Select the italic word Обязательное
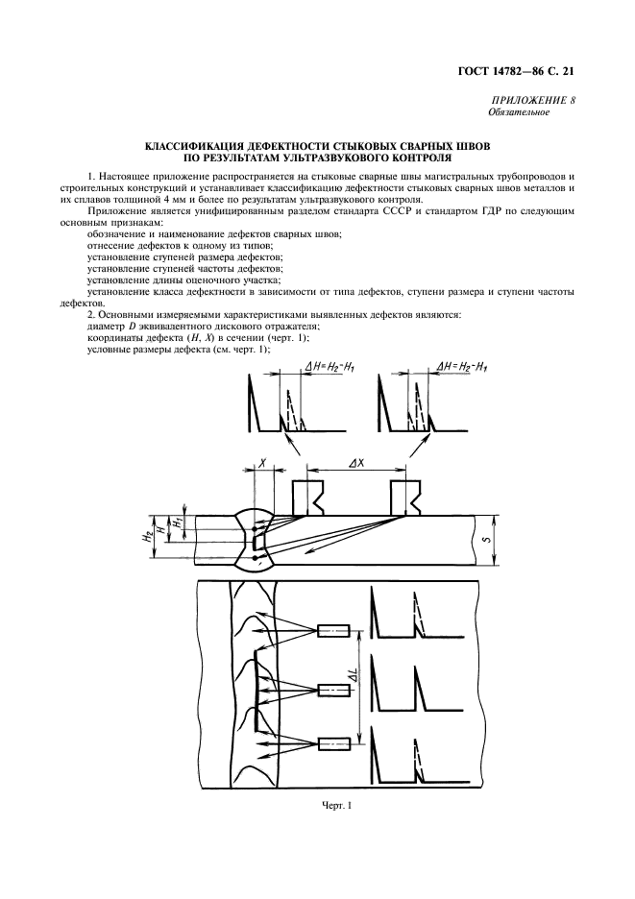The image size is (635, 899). (519, 113)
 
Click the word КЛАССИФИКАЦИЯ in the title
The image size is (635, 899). (190, 147)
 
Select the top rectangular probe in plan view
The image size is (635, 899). (334, 631)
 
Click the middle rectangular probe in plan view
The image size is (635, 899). (334, 690)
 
